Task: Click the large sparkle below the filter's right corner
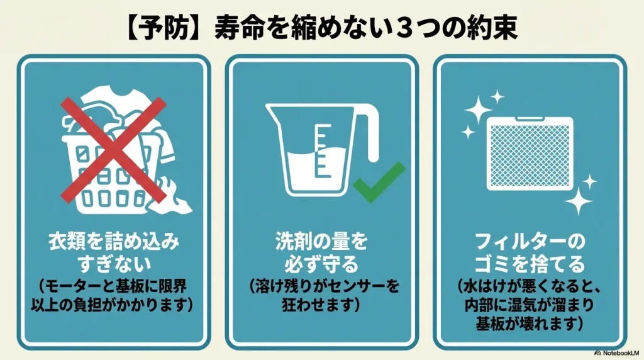tap(579, 203)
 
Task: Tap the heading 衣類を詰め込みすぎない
tap(114, 251)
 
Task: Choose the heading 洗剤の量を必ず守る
tap(321, 251)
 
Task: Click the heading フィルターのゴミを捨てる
tap(530, 252)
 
